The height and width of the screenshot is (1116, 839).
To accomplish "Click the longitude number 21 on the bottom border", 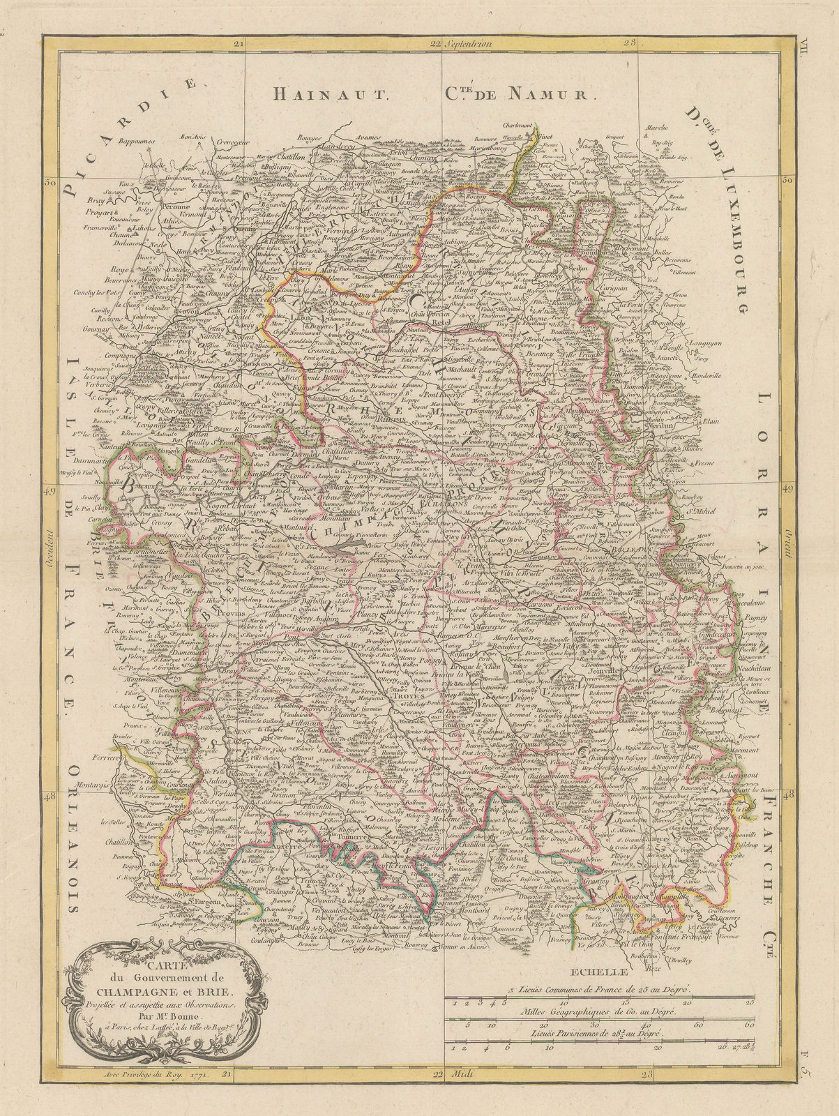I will (x=225, y=1075).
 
